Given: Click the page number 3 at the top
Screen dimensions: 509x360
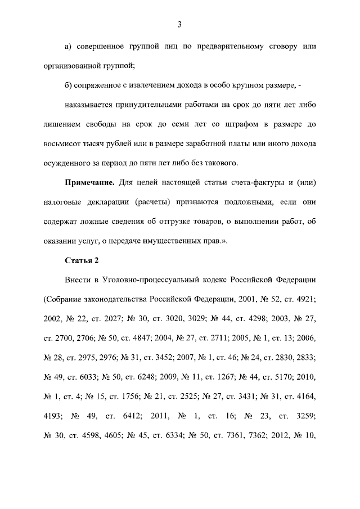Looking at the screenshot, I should (x=179, y=24).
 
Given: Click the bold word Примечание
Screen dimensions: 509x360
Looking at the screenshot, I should (x=91, y=184).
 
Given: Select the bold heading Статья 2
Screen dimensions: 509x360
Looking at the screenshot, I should (x=82, y=260).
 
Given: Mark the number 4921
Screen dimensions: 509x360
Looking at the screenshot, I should (x=304, y=299).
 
